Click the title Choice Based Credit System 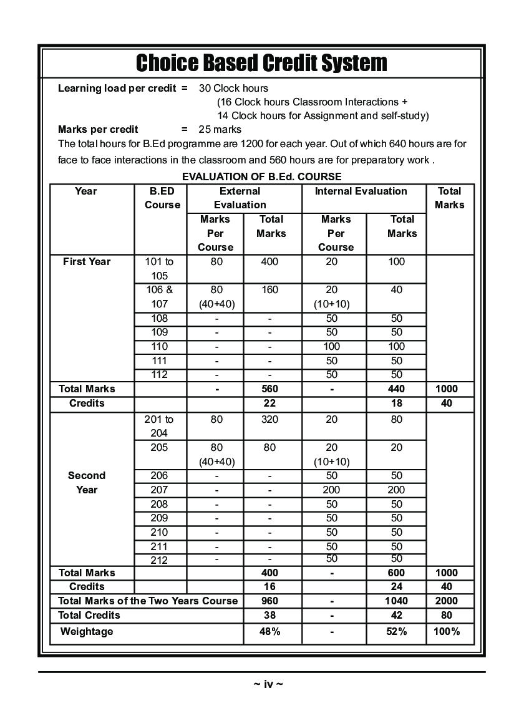261,62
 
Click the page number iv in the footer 268,684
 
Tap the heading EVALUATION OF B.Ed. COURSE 261,177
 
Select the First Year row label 87,262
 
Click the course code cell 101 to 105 160,269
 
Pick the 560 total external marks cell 270,389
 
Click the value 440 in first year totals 397,389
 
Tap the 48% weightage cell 270,631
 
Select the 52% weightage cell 397,631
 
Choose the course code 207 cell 160,490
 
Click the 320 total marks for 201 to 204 270,420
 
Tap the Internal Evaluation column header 361,191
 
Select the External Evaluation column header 240,198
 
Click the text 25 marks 220,130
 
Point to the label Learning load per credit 117,88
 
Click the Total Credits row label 89,615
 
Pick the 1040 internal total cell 397,601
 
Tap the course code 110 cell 160,347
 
